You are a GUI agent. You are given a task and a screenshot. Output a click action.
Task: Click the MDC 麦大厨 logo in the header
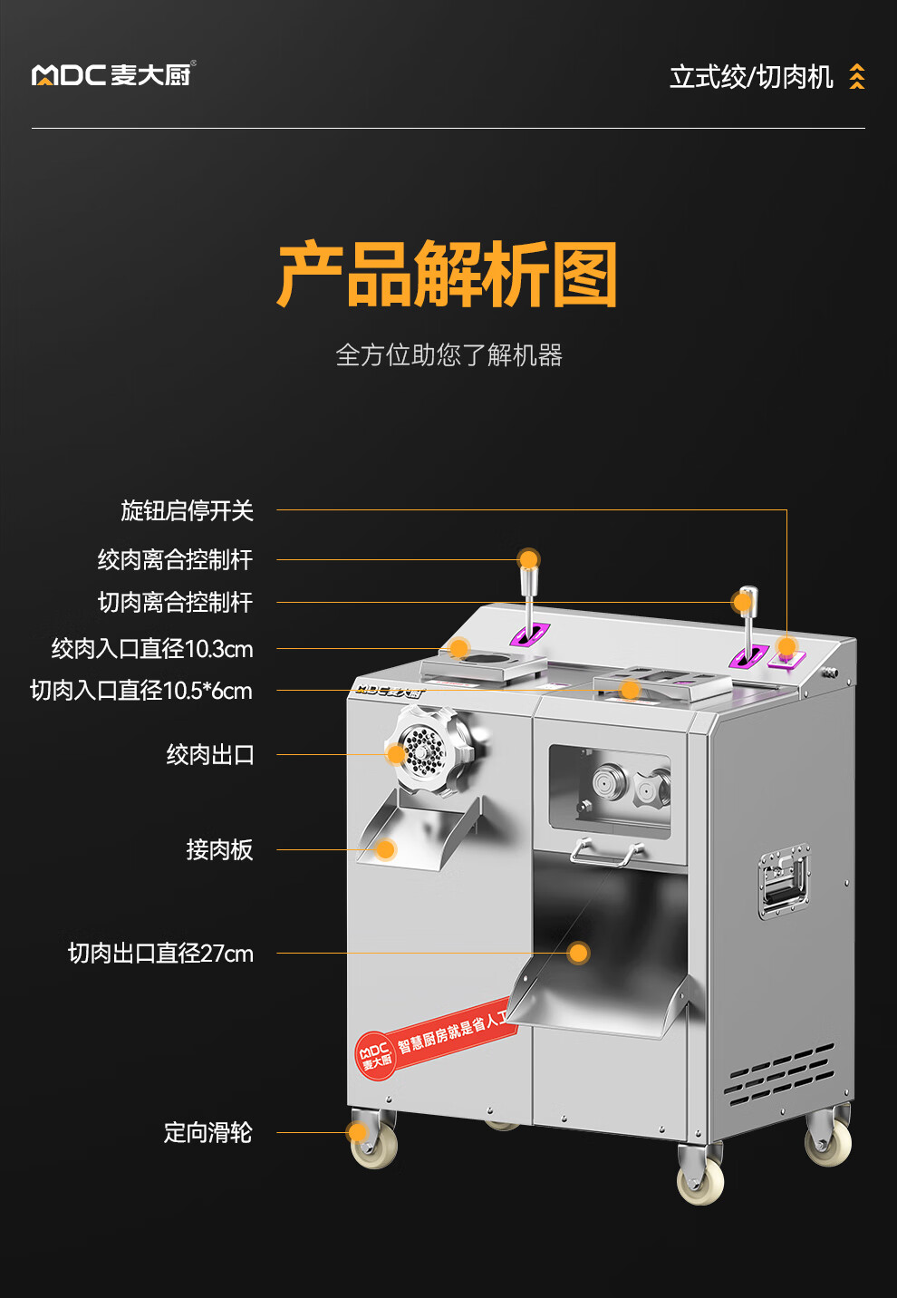click(x=113, y=74)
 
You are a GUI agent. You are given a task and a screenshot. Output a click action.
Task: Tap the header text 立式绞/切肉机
click(x=751, y=77)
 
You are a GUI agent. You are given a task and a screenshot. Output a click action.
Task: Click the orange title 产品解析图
click(x=448, y=275)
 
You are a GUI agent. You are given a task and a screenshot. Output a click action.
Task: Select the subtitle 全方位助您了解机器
click(x=448, y=354)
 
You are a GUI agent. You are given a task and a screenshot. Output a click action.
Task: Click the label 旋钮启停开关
click(x=187, y=510)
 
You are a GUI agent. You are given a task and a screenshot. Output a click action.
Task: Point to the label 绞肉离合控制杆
click(x=175, y=559)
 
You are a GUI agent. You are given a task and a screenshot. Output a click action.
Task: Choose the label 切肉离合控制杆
click(x=175, y=602)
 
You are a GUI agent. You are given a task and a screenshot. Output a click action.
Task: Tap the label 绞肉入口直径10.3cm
click(x=152, y=649)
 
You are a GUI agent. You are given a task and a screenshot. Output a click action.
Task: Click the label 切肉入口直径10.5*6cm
click(x=140, y=691)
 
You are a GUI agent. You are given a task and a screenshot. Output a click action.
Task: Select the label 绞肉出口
click(x=210, y=754)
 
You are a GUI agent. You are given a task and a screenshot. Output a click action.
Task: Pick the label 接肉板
click(x=219, y=849)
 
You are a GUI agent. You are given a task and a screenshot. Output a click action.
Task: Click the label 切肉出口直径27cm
click(x=160, y=954)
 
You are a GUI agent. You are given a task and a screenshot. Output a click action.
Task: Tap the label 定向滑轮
click(x=207, y=1132)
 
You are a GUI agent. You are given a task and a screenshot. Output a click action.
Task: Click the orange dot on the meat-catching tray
click(x=385, y=849)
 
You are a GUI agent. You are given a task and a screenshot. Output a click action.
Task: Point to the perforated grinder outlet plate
click(x=423, y=750)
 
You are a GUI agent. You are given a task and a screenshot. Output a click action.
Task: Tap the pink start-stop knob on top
click(x=786, y=648)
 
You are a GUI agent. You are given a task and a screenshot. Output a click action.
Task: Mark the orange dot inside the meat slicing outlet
click(x=578, y=953)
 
